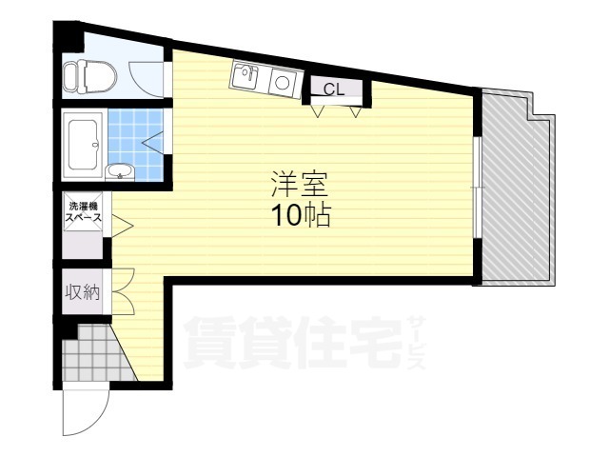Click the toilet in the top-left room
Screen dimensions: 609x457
click(x=89, y=76)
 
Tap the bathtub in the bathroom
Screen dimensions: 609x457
click(x=83, y=145)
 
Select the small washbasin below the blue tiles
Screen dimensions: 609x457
click(x=120, y=171)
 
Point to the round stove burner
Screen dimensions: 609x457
click(x=283, y=83)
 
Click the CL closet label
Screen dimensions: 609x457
click(x=334, y=89)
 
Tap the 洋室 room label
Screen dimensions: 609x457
click(x=299, y=184)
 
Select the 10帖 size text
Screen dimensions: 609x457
click(x=302, y=215)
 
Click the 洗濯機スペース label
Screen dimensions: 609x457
click(x=83, y=211)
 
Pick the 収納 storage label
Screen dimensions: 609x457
click(x=83, y=291)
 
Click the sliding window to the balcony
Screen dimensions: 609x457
click(x=478, y=188)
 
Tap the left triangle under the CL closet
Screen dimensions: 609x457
click(x=318, y=111)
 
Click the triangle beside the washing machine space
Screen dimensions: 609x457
click(x=122, y=226)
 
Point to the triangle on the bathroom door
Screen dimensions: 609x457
click(x=152, y=143)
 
